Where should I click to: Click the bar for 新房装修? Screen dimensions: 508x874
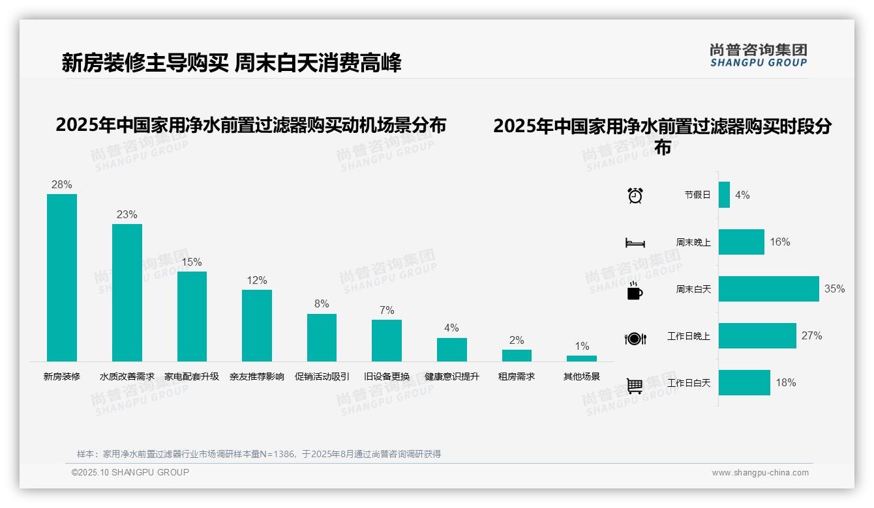[x=62, y=277]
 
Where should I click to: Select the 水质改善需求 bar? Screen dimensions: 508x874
[x=127, y=292]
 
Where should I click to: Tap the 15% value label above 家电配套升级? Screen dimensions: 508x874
[x=192, y=262]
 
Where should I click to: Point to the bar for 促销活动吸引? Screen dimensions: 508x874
[x=322, y=337]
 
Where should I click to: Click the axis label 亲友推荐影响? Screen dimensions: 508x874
[x=256, y=376]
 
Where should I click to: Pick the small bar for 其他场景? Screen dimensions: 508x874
[x=581, y=358]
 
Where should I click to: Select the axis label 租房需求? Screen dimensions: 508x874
[x=516, y=376]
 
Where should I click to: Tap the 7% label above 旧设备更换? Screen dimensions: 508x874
[x=387, y=310]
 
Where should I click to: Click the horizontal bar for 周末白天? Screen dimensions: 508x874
[x=768, y=289]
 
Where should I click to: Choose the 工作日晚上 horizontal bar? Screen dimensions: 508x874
[x=757, y=335]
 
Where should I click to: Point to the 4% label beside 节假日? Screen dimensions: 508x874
[x=742, y=195]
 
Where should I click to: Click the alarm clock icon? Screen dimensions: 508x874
[x=635, y=195]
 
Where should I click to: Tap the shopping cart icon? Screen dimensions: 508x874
[x=635, y=386]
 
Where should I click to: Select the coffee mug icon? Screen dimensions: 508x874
[x=635, y=290]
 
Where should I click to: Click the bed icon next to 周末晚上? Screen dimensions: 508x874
[x=635, y=243]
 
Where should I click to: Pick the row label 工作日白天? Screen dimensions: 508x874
[x=688, y=383]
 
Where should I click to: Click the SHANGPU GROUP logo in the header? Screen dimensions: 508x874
[x=758, y=55]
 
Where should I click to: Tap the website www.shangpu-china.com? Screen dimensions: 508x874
[x=760, y=473]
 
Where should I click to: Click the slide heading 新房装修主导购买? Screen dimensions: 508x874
[x=145, y=63]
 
